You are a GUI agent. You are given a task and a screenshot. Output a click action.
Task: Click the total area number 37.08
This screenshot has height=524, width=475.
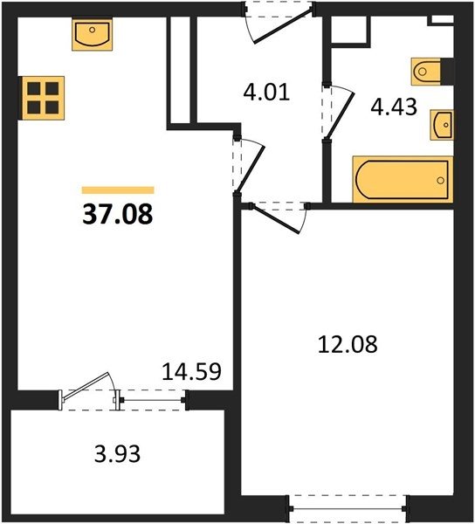click(118, 214)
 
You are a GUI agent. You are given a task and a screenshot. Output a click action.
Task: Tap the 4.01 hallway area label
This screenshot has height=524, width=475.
click(266, 93)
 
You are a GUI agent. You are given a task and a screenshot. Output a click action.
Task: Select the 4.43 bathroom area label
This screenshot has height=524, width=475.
click(394, 107)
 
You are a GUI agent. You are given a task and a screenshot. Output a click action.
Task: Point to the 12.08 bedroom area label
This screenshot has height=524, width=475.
click(348, 345)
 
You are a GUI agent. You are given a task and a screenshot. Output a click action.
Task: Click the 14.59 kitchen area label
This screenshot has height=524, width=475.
click(191, 371)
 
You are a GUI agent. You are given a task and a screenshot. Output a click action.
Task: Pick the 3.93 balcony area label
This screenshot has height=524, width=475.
click(117, 454)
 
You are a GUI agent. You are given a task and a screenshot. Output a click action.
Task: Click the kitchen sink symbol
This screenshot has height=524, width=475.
click(93, 34)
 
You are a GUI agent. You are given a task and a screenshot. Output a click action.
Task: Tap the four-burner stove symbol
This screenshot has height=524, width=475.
click(43, 98)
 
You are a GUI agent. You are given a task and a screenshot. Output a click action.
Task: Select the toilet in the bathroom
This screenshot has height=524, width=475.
click(426, 72)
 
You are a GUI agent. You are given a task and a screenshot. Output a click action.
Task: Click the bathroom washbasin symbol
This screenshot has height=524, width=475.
click(442, 125)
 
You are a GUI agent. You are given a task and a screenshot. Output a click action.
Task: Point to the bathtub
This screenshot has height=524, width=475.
click(403, 179)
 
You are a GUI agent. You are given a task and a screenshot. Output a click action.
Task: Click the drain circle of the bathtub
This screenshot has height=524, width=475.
click(441, 181)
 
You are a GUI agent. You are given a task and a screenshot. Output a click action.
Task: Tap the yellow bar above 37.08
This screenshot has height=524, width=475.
click(118, 190)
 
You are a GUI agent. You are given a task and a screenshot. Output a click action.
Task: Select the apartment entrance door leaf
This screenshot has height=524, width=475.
click(283, 26)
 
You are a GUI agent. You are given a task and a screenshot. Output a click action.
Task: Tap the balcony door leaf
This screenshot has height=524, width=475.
click(86, 386)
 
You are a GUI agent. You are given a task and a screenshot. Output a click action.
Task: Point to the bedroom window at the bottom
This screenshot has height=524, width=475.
click(348, 508)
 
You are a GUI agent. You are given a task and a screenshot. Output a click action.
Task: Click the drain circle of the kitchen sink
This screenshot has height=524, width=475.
click(93, 30)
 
